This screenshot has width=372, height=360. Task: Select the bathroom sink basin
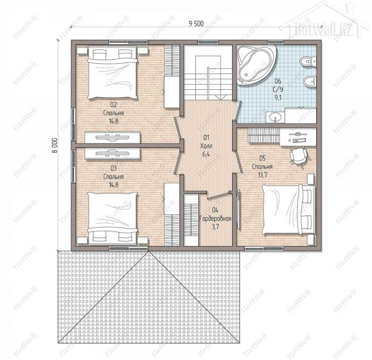(275, 117)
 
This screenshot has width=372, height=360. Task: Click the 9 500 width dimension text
(196, 23)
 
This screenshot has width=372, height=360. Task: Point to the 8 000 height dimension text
(55, 145)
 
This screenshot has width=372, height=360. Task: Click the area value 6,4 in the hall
(206, 154)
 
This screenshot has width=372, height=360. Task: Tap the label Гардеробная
(215, 219)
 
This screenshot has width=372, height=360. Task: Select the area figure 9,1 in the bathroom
(278, 98)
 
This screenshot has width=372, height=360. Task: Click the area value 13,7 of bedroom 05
(263, 175)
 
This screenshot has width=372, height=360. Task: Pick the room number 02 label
(113, 104)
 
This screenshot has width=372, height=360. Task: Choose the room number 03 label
(113, 169)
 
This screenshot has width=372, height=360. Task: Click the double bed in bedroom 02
(113, 72)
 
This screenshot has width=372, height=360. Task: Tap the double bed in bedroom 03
(113, 218)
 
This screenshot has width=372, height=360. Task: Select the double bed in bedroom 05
(289, 209)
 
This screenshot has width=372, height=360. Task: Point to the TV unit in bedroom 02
(113, 137)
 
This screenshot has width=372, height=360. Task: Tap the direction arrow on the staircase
(220, 97)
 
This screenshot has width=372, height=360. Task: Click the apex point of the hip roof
(149, 251)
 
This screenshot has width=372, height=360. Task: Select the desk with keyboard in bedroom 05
(298, 137)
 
